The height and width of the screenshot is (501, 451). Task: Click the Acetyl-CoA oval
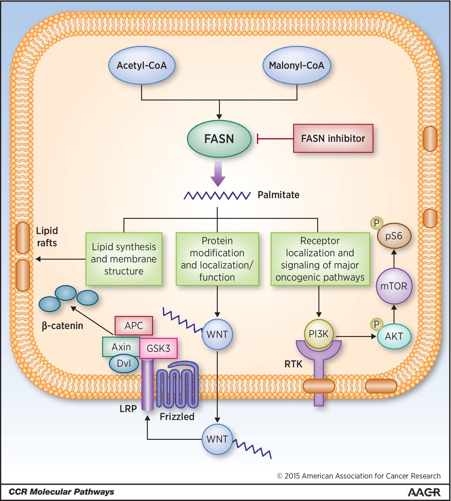142,65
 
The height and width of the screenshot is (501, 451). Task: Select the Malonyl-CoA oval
296,65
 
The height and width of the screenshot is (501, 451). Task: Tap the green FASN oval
219,139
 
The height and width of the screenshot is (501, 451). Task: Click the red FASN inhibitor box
333,138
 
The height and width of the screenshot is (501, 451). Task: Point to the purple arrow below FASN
218,174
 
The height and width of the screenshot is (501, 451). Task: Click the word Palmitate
278,195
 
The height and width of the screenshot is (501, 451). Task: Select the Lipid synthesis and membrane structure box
124,259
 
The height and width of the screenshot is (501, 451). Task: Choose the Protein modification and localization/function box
217,259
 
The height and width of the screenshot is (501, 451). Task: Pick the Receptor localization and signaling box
320,259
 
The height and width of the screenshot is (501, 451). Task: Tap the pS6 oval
394,236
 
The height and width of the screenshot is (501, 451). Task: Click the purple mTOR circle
394,286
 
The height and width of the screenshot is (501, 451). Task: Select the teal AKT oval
394,337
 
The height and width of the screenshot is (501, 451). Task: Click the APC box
134,326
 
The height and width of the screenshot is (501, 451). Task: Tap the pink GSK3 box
158,348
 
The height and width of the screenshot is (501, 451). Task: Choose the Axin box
121,347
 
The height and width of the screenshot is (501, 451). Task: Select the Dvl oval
124,363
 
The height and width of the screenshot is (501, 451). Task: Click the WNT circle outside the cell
217,439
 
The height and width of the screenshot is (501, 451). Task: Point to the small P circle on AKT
377,324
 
